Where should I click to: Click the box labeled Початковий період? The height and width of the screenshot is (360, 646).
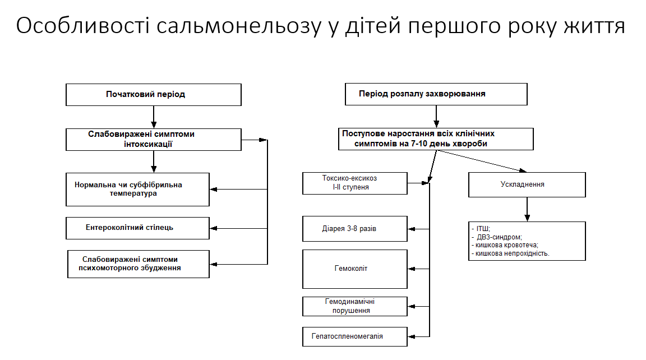[x=153, y=94]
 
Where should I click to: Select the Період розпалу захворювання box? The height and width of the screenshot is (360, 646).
[x=436, y=94]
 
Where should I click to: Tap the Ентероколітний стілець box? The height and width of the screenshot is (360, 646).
[x=137, y=228]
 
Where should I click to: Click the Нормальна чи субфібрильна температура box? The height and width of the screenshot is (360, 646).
[x=137, y=189]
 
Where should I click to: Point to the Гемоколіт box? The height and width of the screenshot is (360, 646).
[x=354, y=269]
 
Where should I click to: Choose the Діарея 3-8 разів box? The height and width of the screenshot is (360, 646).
[x=354, y=229]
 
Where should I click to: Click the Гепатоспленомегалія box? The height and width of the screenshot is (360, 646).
[x=354, y=336]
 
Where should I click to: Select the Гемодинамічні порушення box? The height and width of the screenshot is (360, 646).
[x=354, y=306]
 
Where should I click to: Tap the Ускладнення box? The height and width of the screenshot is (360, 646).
[x=527, y=184]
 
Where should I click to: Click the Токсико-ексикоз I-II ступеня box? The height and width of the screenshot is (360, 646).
[x=354, y=183]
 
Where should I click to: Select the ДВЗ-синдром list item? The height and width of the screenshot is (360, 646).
[x=499, y=237]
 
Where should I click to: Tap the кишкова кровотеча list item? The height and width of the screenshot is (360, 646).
[x=506, y=245]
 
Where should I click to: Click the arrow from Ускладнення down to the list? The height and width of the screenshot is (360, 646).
[x=527, y=209]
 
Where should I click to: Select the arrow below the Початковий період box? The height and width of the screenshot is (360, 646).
[x=153, y=117]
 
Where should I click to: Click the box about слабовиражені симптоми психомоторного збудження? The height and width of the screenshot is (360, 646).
[x=138, y=264]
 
